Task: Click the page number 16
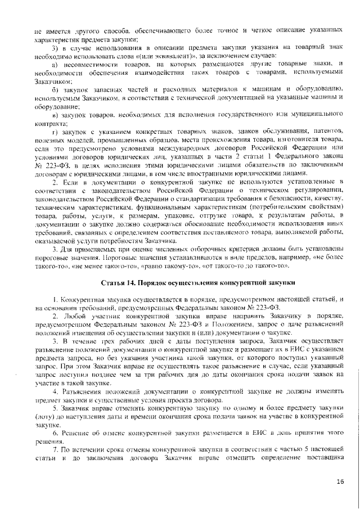[x=340, y=481]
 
